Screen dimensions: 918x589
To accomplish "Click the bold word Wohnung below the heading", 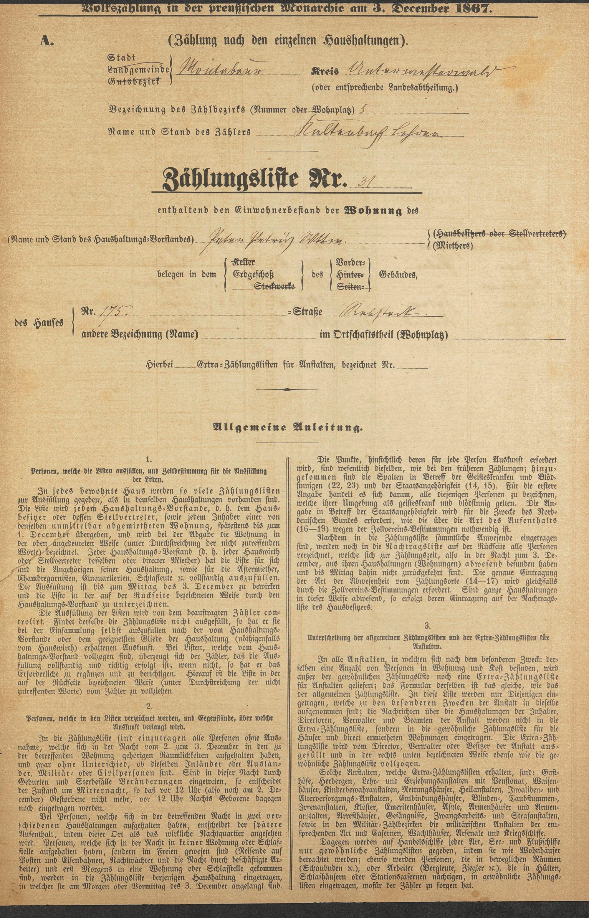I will (x=374, y=211).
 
